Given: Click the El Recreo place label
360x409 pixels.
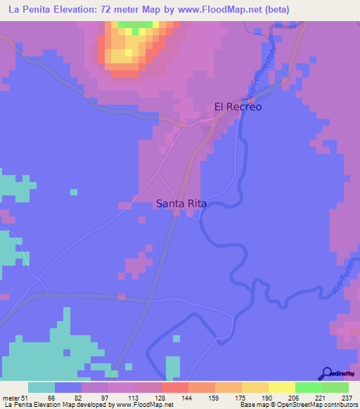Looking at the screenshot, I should click(x=238, y=107).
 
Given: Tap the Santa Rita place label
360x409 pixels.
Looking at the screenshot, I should click(x=181, y=204).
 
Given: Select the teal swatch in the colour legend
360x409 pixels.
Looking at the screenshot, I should click(x=41, y=387).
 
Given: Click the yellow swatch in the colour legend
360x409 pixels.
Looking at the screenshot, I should click(x=281, y=387).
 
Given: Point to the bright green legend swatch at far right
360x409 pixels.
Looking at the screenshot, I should click(x=335, y=387).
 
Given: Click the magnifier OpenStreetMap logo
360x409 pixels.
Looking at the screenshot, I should click(x=326, y=374).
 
